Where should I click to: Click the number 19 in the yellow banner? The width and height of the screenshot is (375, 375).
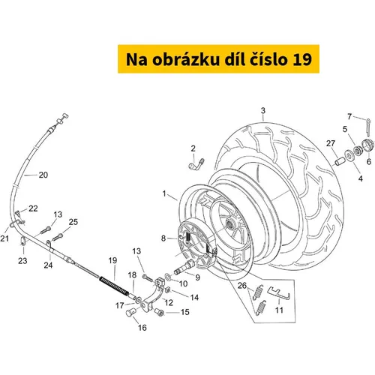(302, 59)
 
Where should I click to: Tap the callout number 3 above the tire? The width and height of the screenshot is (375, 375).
(262, 110)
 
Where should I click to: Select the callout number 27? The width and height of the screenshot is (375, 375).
(330, 143)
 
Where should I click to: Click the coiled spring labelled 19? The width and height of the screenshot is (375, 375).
(114, 286)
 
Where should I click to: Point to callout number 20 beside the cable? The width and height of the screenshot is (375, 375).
(43, 175)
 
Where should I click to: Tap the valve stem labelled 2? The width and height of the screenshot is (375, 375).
(196, 165)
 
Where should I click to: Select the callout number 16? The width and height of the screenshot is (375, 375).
(142, 328)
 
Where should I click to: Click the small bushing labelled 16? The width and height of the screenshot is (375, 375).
(130, 312)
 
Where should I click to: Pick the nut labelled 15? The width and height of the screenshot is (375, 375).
(159, 312)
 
